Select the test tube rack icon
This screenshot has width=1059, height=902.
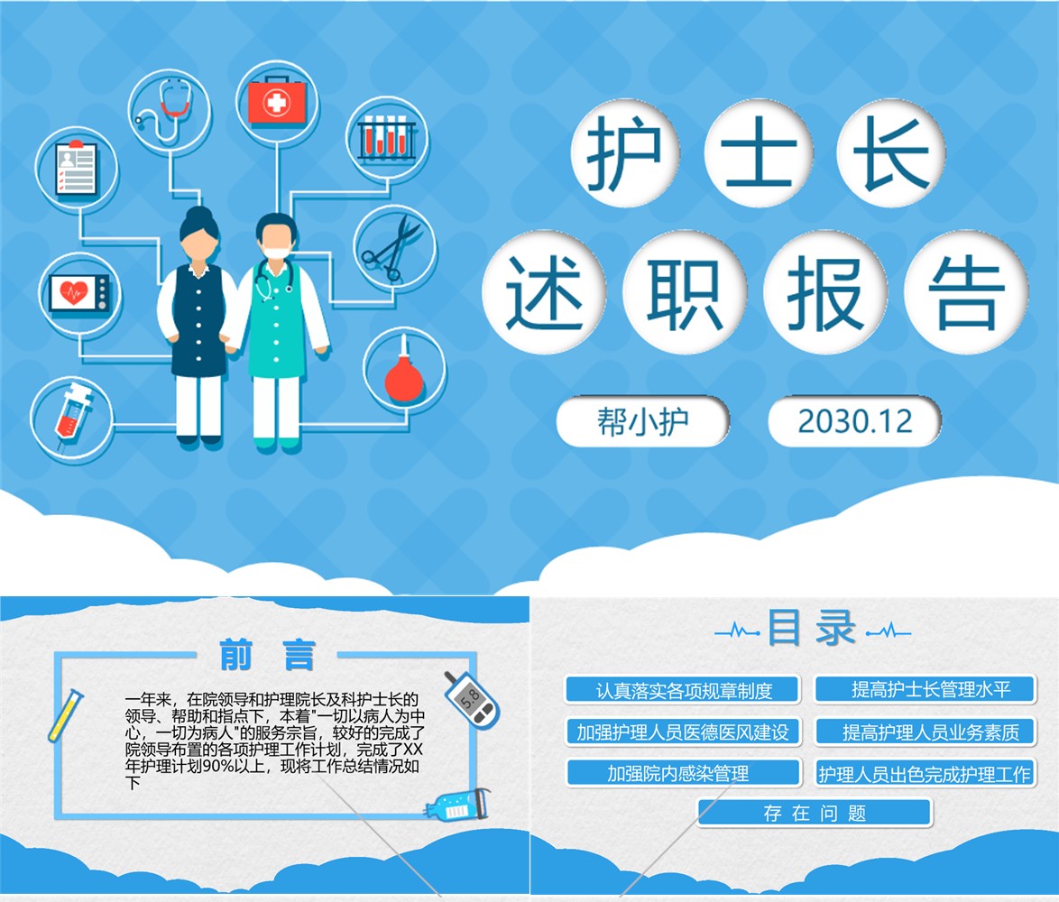click(386, 138)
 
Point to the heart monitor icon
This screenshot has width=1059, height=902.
click(79, 294)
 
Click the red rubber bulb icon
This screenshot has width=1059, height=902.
click(404, 374)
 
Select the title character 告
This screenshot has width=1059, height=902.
click(966, 291)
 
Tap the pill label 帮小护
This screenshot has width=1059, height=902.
click(642, 422)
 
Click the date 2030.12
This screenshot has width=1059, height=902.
click(854, 422)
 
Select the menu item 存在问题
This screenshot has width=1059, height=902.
click(815, 813)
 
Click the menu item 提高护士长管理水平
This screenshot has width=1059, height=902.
click(925, 689)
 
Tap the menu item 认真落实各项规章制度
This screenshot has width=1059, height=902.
click(683, 690)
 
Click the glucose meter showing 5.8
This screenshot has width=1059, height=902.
click(472, 700)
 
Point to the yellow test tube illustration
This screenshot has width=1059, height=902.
click(65, 715)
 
